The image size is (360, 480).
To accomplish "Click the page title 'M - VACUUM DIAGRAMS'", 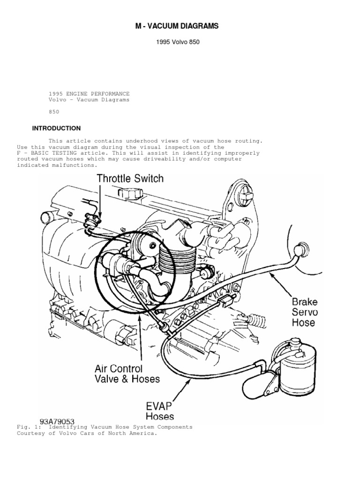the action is (x=177, y=27).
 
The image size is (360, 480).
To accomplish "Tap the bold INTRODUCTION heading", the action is (x=56, y=128).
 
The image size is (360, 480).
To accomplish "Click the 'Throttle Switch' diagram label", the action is (x=130, y=178).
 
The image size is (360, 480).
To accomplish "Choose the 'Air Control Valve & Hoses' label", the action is (x=127, y=374).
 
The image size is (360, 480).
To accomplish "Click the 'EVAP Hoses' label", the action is (x=159, y=410).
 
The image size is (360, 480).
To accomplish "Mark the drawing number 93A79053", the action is (x=57, y=422).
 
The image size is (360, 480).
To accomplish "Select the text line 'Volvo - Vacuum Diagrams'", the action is (x=89, y=100).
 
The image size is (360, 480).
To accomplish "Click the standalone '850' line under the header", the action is (x=54, y=112).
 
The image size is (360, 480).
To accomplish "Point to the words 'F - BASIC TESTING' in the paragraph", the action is (x=45, y=153).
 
